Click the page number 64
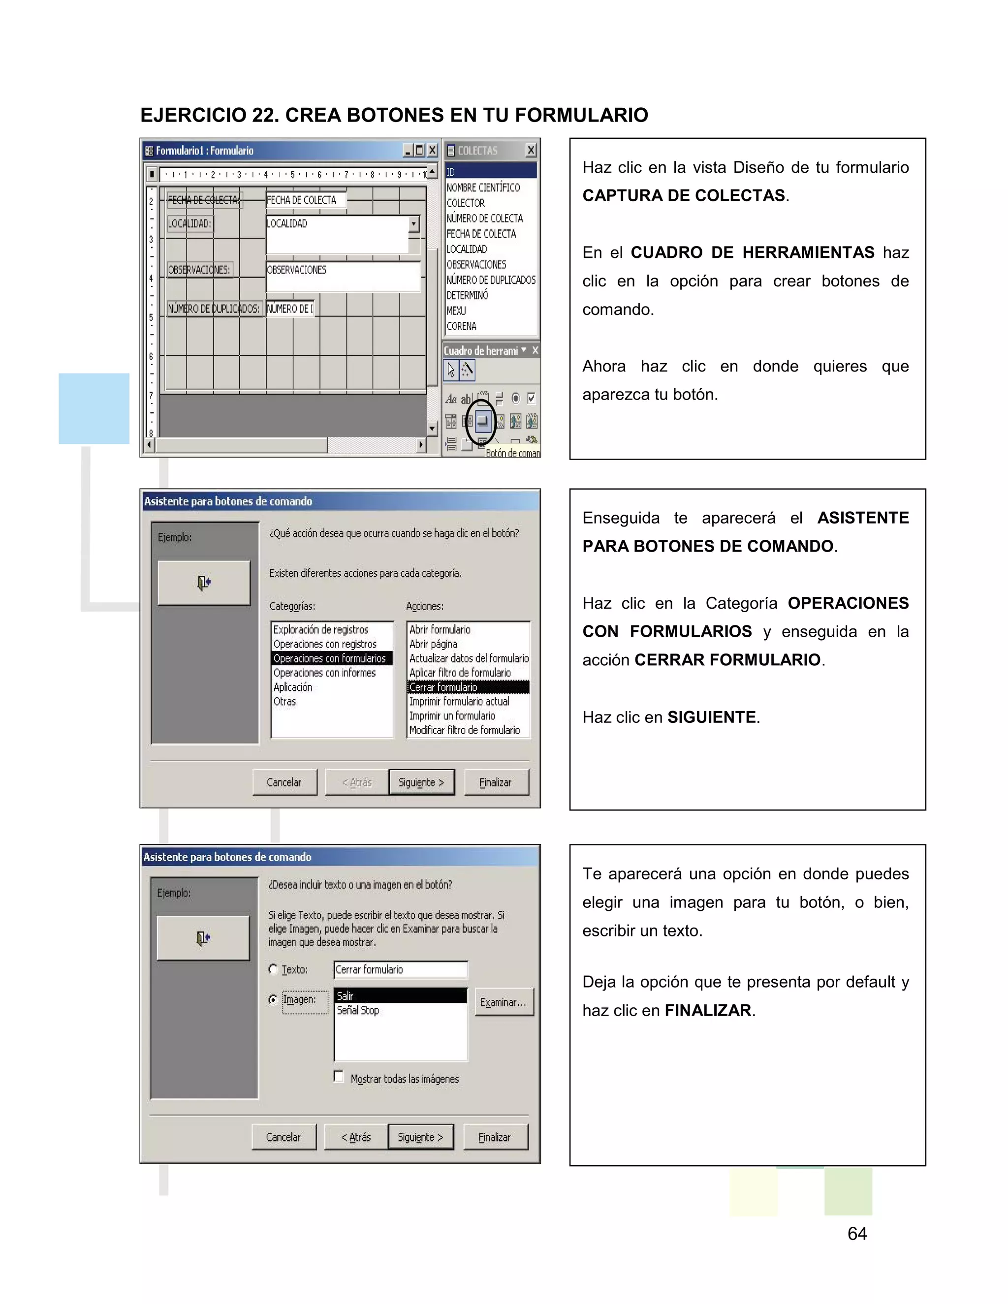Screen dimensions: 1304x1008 [857, 1233]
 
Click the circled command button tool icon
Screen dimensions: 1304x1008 [482, 422]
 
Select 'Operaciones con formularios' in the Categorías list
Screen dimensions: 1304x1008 [330, 658]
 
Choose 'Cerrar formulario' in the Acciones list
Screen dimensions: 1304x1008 [443, 686]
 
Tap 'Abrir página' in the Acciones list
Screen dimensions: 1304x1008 [433, 644]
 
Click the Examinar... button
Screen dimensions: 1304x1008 [503, 1002]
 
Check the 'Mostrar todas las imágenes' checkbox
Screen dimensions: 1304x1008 [339, 1077]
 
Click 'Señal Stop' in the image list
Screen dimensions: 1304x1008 [358, 1010]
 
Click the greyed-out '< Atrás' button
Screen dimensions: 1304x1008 [356, 782]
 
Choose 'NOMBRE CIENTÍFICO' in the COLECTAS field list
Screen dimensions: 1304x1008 [483, 187]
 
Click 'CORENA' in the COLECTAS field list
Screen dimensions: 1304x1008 [462, 326]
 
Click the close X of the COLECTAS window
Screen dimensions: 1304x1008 [530, 151]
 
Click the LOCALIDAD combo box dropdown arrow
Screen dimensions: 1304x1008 [414, 224]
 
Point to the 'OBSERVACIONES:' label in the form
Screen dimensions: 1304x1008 [199, 270]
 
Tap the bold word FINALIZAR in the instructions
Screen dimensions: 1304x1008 [708, 1010]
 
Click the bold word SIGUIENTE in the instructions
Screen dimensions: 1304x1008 [711, 717]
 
